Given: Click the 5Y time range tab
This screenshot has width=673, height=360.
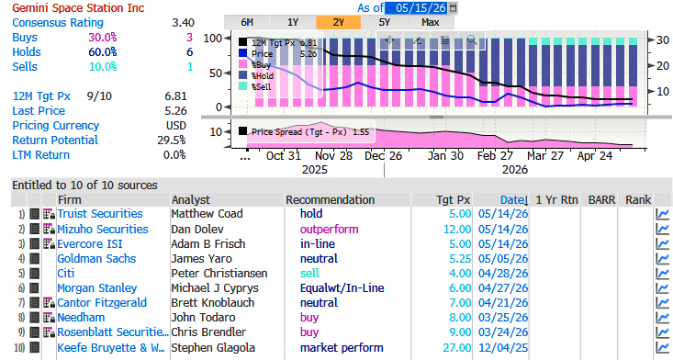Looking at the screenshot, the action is [x=384, y=22].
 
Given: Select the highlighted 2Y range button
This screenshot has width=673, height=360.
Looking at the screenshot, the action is [x=338, y=22].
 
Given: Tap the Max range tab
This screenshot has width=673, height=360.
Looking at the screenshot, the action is [x=430, y=22].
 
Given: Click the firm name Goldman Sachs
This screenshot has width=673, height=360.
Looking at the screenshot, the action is [x=96, y=259].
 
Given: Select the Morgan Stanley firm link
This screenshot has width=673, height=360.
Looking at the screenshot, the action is [x=97, y=288].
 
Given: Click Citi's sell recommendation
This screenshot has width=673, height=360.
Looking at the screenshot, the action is [x=309, y=274].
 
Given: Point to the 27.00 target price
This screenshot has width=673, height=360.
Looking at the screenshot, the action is [x=457, y=347].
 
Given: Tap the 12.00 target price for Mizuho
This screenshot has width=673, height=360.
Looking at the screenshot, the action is [x=457, y=229].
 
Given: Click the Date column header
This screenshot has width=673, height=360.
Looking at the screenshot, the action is [x=514, y=200].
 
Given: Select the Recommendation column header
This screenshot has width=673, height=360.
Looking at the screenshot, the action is [x=330, y=200].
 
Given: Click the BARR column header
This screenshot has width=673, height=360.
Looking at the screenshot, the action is [x=601, y=200].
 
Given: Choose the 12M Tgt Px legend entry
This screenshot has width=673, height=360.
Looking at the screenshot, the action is [x=277, y=42].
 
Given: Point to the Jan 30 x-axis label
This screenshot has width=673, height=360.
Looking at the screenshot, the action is [x=445, y=156].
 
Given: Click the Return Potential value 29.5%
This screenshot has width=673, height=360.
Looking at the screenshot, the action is [x=172, y=141].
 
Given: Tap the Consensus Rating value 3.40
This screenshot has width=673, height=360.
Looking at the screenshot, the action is [x=184, y=23].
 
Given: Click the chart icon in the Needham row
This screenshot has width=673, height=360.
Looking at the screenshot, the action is [x=663, y=318].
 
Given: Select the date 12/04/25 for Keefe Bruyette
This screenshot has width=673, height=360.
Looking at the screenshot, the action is [x=503, y=347].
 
